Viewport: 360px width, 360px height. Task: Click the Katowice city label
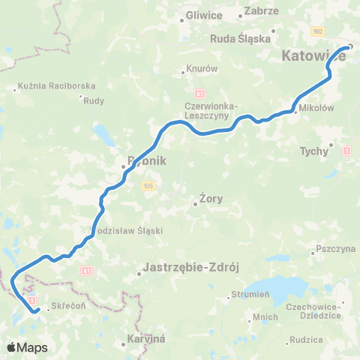click(x=313, y=55)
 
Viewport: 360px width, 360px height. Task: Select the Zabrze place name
click(x=262, y=11)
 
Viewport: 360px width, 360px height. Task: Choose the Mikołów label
click(x=315, y=108)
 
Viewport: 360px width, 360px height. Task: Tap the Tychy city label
click(x=314, y=151)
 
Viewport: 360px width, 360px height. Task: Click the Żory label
click(x=211, y=199)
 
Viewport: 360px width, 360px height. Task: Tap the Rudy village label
click(x=94, y=100)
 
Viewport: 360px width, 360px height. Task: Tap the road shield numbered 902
click(x=319, y=31)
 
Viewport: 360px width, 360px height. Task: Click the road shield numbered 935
click(x=149, y=184)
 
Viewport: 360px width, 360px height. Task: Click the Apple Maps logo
click(x=26, y=347)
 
